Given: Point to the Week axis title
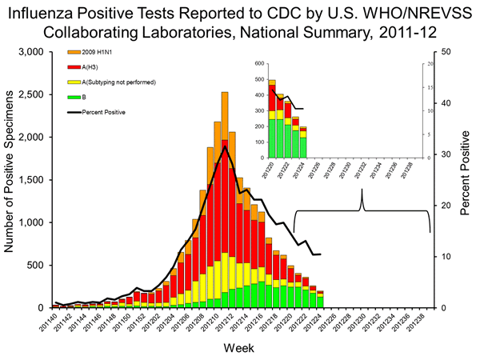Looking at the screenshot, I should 240,347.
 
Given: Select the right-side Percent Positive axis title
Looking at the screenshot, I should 466,179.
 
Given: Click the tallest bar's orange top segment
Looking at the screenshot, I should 225,104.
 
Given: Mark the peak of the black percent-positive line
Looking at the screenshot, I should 226,147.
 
